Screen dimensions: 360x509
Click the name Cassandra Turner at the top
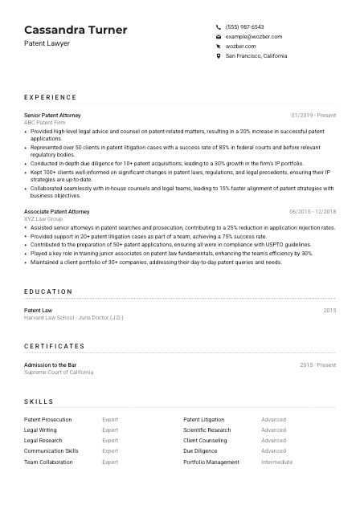point(76,30)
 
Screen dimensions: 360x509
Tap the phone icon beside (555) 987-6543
point(219,26)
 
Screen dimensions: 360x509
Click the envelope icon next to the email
point(219,37)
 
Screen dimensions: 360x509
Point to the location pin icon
point(219,56)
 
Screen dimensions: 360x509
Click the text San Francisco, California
point(256,56)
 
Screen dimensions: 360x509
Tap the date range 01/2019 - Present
point(313,115)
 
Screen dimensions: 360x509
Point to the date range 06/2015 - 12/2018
point(311,211)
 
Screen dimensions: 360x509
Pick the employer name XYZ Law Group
point(43,218)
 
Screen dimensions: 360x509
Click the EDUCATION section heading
point(48,291)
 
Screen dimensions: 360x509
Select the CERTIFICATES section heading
point(54,346)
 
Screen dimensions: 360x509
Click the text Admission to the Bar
point(51,364)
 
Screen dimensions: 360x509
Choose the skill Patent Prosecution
point(48,419)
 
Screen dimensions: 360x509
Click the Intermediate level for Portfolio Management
point(276,462)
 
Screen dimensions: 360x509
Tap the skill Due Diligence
point(201,451)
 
